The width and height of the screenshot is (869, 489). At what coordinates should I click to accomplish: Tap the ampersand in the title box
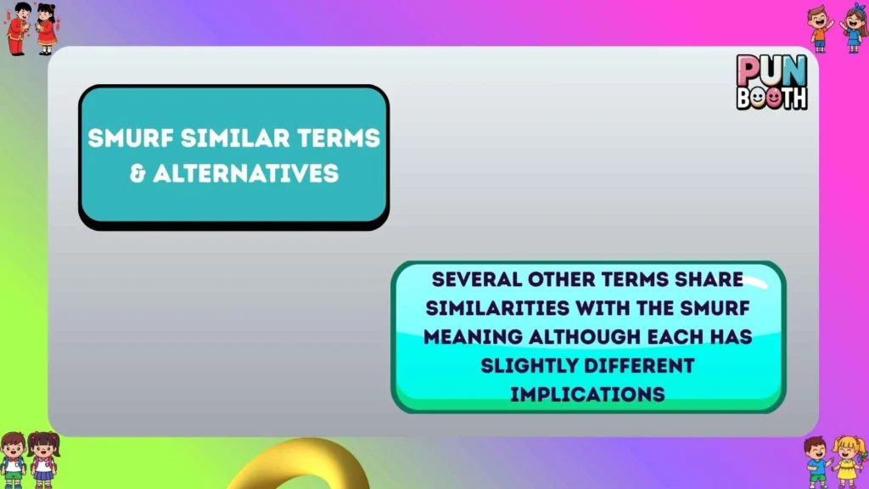pyautogui.click(x=137, y=174)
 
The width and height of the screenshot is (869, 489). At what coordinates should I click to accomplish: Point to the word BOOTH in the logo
pyautogui.click(x=771, y=98)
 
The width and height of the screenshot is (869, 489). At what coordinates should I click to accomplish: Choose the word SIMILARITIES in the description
pyautogui.click(x=499, y=308)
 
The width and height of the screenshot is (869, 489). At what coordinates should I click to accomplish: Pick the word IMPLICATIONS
pyautogui.click(x=587, y=394)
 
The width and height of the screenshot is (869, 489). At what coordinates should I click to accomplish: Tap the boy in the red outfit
pyautogui.click(x=17, y=28)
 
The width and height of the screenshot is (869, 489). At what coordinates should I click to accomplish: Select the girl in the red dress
pyautogui.click(x=46, y=28)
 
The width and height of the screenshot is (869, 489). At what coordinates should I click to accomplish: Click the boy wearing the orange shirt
pyautogui.click(x=820, y=29)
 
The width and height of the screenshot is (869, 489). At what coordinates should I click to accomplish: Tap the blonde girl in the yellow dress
pyautogui.click(x=848, y=460)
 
